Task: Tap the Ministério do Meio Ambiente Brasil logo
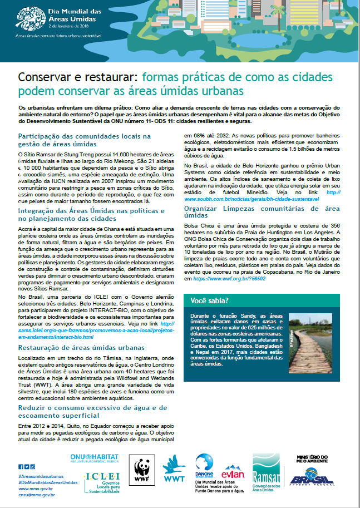click(x=311, y=470)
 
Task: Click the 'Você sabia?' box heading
click(x=209, y=300)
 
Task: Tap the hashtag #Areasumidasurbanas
click(x=41, y=477)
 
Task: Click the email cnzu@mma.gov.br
click(x=36, y=494)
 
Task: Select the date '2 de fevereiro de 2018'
click(x=69, y=25)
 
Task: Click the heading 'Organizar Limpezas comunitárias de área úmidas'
click(x=262, y=211)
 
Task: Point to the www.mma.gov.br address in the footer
click(x=36, y=488)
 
